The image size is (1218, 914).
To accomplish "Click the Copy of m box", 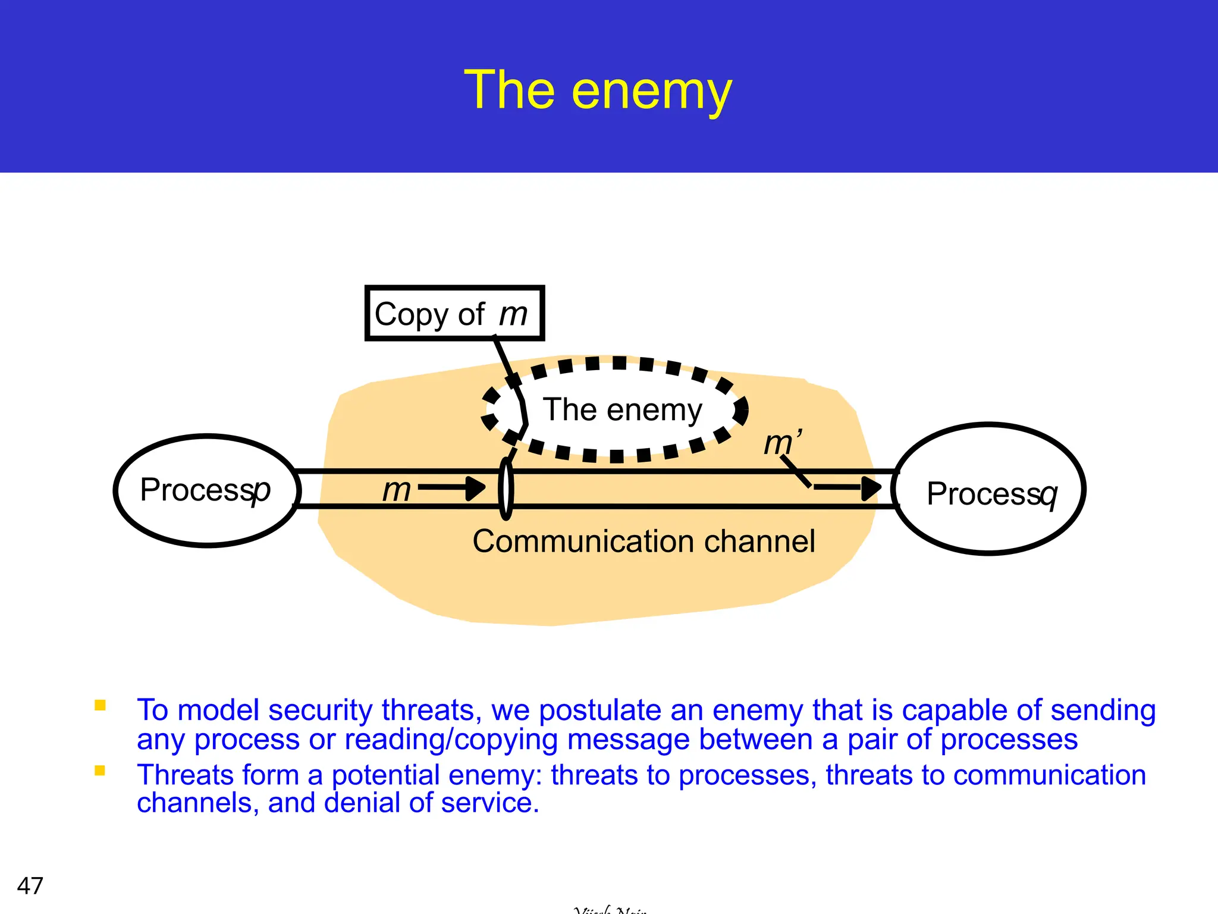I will coord(454,314).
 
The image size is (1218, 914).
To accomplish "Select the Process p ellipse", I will coord(207,490).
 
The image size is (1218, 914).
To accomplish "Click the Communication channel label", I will coord(643,541).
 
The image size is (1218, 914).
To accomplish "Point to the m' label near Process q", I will coord(780,443).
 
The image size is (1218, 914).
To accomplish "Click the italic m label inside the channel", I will coord(396,490).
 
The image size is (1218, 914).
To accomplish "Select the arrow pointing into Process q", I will coord(847,487).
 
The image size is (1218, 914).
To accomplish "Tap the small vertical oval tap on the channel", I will coord(506,488).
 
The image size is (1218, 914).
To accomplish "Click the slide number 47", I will coord(30,885).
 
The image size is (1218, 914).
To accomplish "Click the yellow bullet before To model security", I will coord(100,706).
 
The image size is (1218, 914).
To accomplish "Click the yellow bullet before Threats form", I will coord(100,771).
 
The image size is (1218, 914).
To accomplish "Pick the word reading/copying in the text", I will coord(451,740).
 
